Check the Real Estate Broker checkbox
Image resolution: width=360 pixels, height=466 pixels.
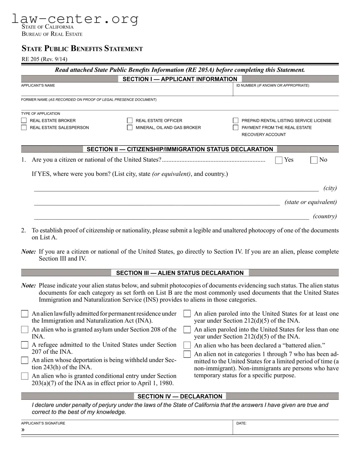point(24,120)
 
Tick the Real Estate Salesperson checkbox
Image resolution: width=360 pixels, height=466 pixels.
point(24,128)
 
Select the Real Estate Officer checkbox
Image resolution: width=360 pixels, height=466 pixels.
point(130,120)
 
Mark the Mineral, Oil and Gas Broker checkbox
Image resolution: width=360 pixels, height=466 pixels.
point(130,128)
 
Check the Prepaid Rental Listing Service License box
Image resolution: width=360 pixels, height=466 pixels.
point(235,120)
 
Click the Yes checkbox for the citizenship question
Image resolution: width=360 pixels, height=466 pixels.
point(279,160)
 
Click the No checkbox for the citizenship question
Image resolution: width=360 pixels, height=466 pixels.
point(314,160)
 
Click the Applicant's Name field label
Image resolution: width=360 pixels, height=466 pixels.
point(38,86)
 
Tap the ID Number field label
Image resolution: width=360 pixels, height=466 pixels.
point(272,86)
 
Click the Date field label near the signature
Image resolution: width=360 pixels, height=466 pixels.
point(241,423)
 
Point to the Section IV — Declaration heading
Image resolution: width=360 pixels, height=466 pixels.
point(180,396)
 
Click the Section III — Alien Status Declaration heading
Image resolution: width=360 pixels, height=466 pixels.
point(180,273)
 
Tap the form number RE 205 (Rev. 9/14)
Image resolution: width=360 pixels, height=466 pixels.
point(44,59)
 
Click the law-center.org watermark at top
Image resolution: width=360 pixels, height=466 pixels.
point(75,19)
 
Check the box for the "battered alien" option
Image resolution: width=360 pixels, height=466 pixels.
point(187,345)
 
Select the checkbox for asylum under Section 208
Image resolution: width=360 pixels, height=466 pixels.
point(24,330)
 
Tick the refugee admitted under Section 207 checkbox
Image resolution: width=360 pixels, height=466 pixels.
point(24,345)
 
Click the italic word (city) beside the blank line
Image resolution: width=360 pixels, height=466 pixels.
point(330,188)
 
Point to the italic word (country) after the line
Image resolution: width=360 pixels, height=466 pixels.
point(325,216)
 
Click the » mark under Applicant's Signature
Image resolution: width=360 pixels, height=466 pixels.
point(23,430)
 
